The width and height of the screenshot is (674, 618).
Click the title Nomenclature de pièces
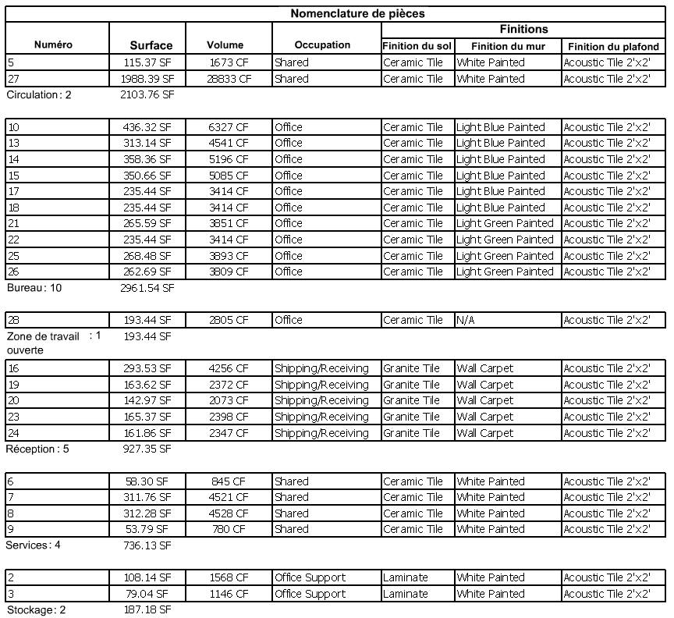coord(357,13)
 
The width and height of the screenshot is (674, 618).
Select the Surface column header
coord(151,45)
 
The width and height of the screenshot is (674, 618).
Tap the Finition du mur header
coord(508,46)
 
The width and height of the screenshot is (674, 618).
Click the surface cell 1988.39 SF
coord(148,79)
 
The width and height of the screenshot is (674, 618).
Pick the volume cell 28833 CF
coord(230,79)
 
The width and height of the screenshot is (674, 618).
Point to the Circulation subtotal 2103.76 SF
coord(147,95)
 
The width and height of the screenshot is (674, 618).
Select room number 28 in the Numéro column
coord(14,320)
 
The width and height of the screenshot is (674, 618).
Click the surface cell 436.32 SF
coord(148,127)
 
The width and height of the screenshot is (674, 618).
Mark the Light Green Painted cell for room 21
coord(505,223)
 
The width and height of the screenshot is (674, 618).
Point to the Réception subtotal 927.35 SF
coord(147,449)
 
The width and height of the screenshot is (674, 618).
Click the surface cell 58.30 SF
coord(151,481)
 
